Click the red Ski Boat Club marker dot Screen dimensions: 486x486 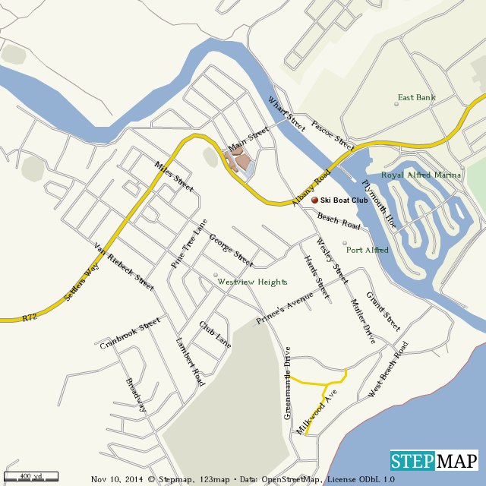315,200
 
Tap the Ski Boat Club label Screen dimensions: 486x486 344,200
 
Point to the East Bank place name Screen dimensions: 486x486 415,97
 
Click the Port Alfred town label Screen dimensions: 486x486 368,250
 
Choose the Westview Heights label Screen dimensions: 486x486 253,282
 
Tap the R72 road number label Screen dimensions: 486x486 30,316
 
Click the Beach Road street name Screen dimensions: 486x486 339,221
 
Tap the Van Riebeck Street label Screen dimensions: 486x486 123,267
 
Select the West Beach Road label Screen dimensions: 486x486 388,369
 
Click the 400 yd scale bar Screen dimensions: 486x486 30,475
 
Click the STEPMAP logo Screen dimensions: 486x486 434,461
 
